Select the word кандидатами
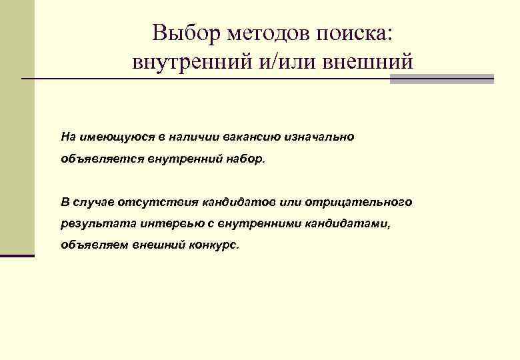point(353,223)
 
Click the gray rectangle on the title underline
point(441,79)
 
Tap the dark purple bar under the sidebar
point(17,255)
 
